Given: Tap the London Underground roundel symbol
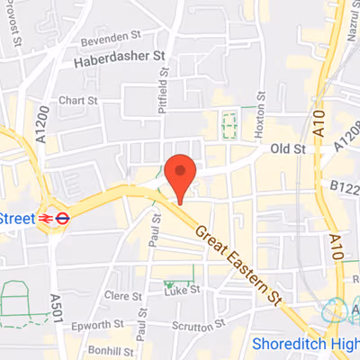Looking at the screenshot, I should [x=63, y=217].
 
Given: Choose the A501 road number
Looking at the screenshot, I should [x=55, y=314].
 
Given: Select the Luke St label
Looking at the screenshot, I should [x=183, y=291].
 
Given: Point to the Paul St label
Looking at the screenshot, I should [x=141, y=314].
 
